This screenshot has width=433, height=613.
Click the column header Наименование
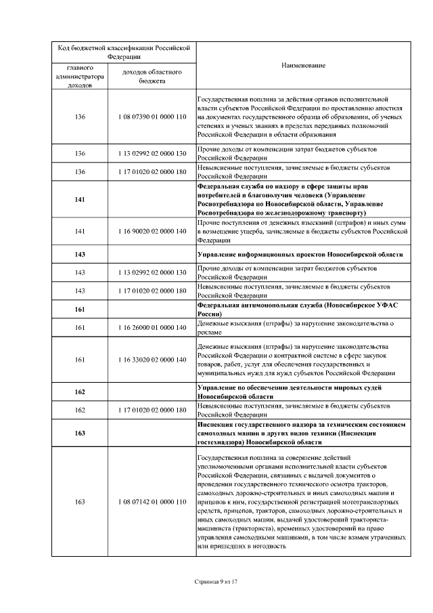point(304,65)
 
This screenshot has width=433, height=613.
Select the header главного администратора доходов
point(81,77)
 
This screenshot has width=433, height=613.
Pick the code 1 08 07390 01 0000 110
point(152,117)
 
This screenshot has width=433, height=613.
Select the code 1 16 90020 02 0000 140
point(152,231)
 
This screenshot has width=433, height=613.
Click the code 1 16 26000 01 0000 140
point(152,327)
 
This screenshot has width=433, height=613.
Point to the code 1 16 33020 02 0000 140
point(152,359)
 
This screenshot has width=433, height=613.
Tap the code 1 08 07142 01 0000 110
point(152,502)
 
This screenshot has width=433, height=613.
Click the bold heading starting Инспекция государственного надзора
point(301,432)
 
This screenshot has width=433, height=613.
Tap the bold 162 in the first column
point(81,392)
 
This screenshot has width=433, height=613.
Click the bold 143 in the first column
point(81,254)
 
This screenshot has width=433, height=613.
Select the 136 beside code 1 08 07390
point(81,117)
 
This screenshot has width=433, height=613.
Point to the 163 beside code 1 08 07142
point(81,502)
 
